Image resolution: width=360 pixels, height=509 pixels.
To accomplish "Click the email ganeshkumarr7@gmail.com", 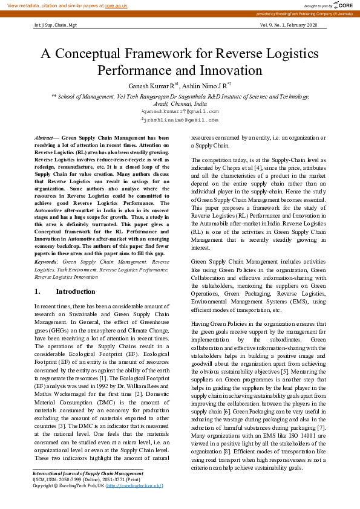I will [x=180, y=111].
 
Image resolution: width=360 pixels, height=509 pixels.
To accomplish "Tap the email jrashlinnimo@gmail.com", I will [x=180, y=120].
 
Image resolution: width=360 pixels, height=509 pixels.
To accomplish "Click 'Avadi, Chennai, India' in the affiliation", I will [x=180, y=103].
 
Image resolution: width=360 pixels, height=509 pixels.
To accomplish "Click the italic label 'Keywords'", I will [x=46, y=262].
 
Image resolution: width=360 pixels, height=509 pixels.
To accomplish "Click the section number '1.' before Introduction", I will [x=38, y=291].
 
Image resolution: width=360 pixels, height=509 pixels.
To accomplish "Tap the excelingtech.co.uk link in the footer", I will [x=134, y=485].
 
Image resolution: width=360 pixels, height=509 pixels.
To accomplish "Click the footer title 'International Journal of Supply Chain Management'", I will [x=88, y=473].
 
